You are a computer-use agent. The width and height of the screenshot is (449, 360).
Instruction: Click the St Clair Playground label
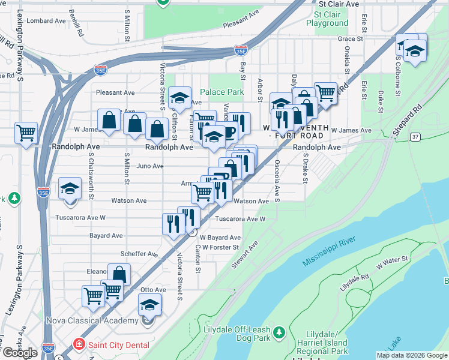click(327, 18)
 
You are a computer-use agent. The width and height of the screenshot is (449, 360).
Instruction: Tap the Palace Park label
click(222, 92)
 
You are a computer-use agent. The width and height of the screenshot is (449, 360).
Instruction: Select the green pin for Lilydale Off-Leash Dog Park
click(279, 332)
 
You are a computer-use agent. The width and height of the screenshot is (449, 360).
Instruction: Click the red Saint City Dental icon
click(78, 344)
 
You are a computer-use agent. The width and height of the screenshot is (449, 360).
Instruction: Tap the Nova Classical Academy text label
click(93, 321)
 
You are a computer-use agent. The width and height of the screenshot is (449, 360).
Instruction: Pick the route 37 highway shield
click(415, 137)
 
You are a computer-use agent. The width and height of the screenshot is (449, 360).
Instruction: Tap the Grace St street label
click(351, 39)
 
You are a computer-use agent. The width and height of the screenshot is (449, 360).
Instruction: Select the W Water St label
click(392, 262)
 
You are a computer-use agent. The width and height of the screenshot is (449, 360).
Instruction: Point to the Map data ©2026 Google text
click(411, 355)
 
